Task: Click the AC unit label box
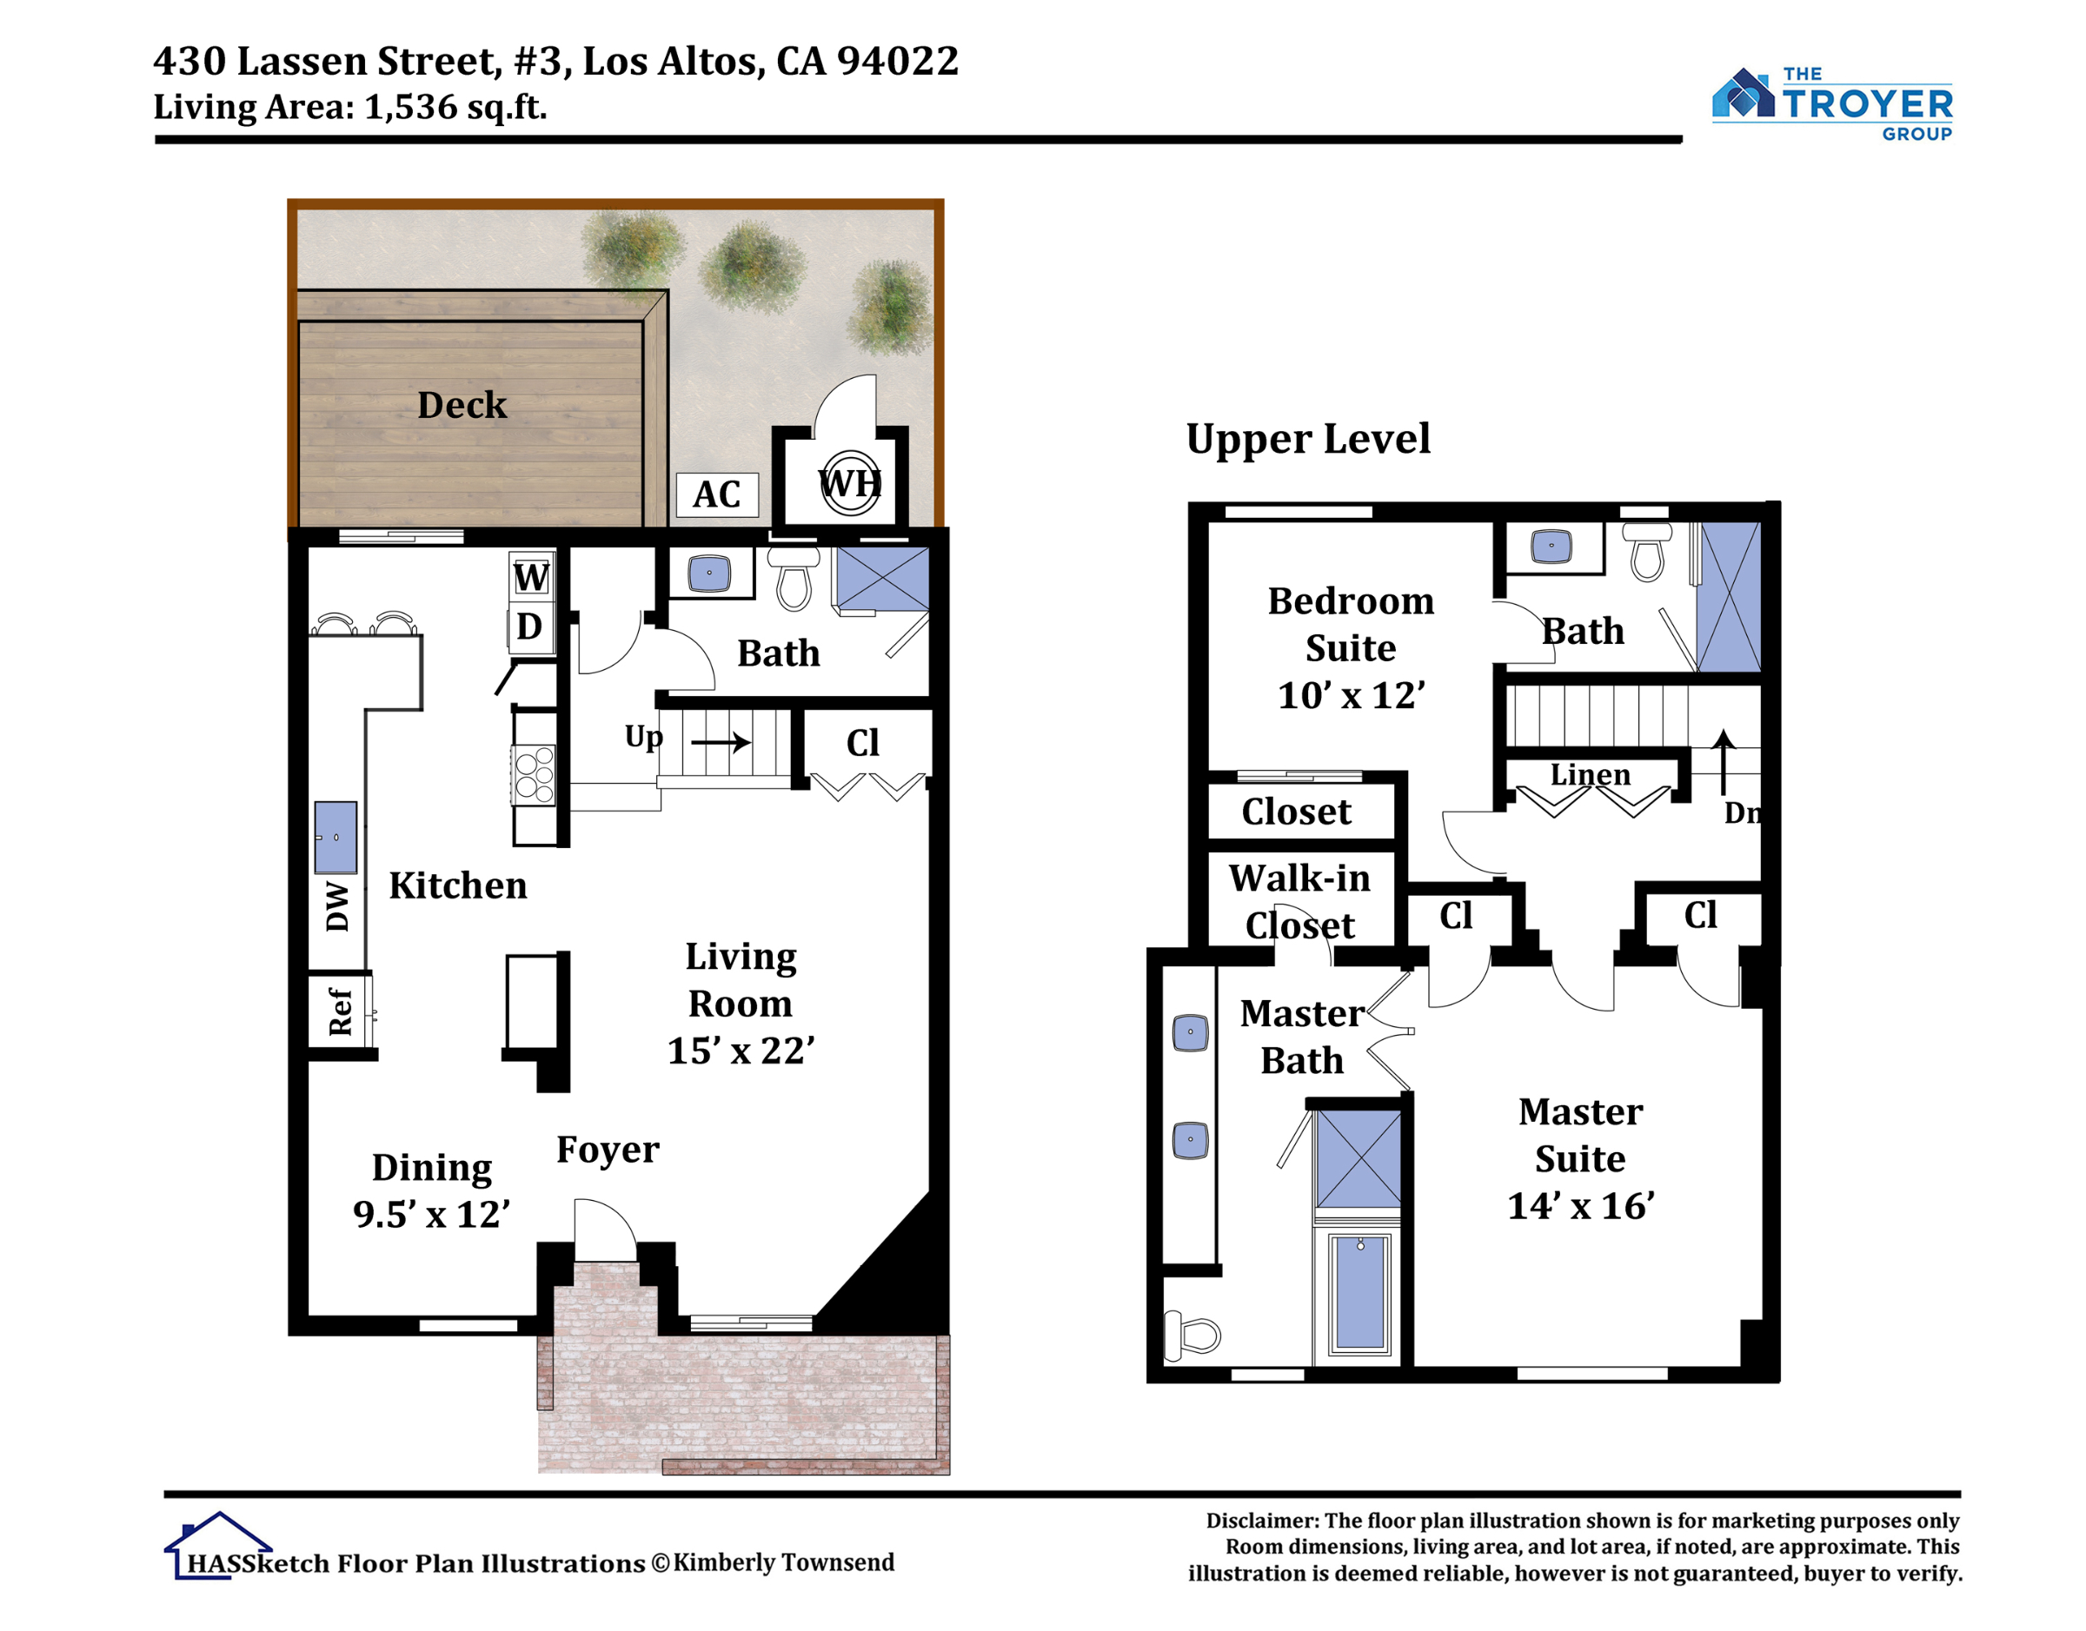716,494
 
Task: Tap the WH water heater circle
850,483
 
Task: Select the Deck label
462,405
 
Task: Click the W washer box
531,577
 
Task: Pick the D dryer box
531,627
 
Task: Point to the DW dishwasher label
337,906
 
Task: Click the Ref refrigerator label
340,1012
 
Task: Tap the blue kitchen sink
336,838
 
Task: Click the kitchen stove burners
534,774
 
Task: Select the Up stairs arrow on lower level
721,742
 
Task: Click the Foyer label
608,1149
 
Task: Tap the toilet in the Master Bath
1191,1334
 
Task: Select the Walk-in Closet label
1300,901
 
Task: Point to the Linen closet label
1591,774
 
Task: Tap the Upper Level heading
1307,440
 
